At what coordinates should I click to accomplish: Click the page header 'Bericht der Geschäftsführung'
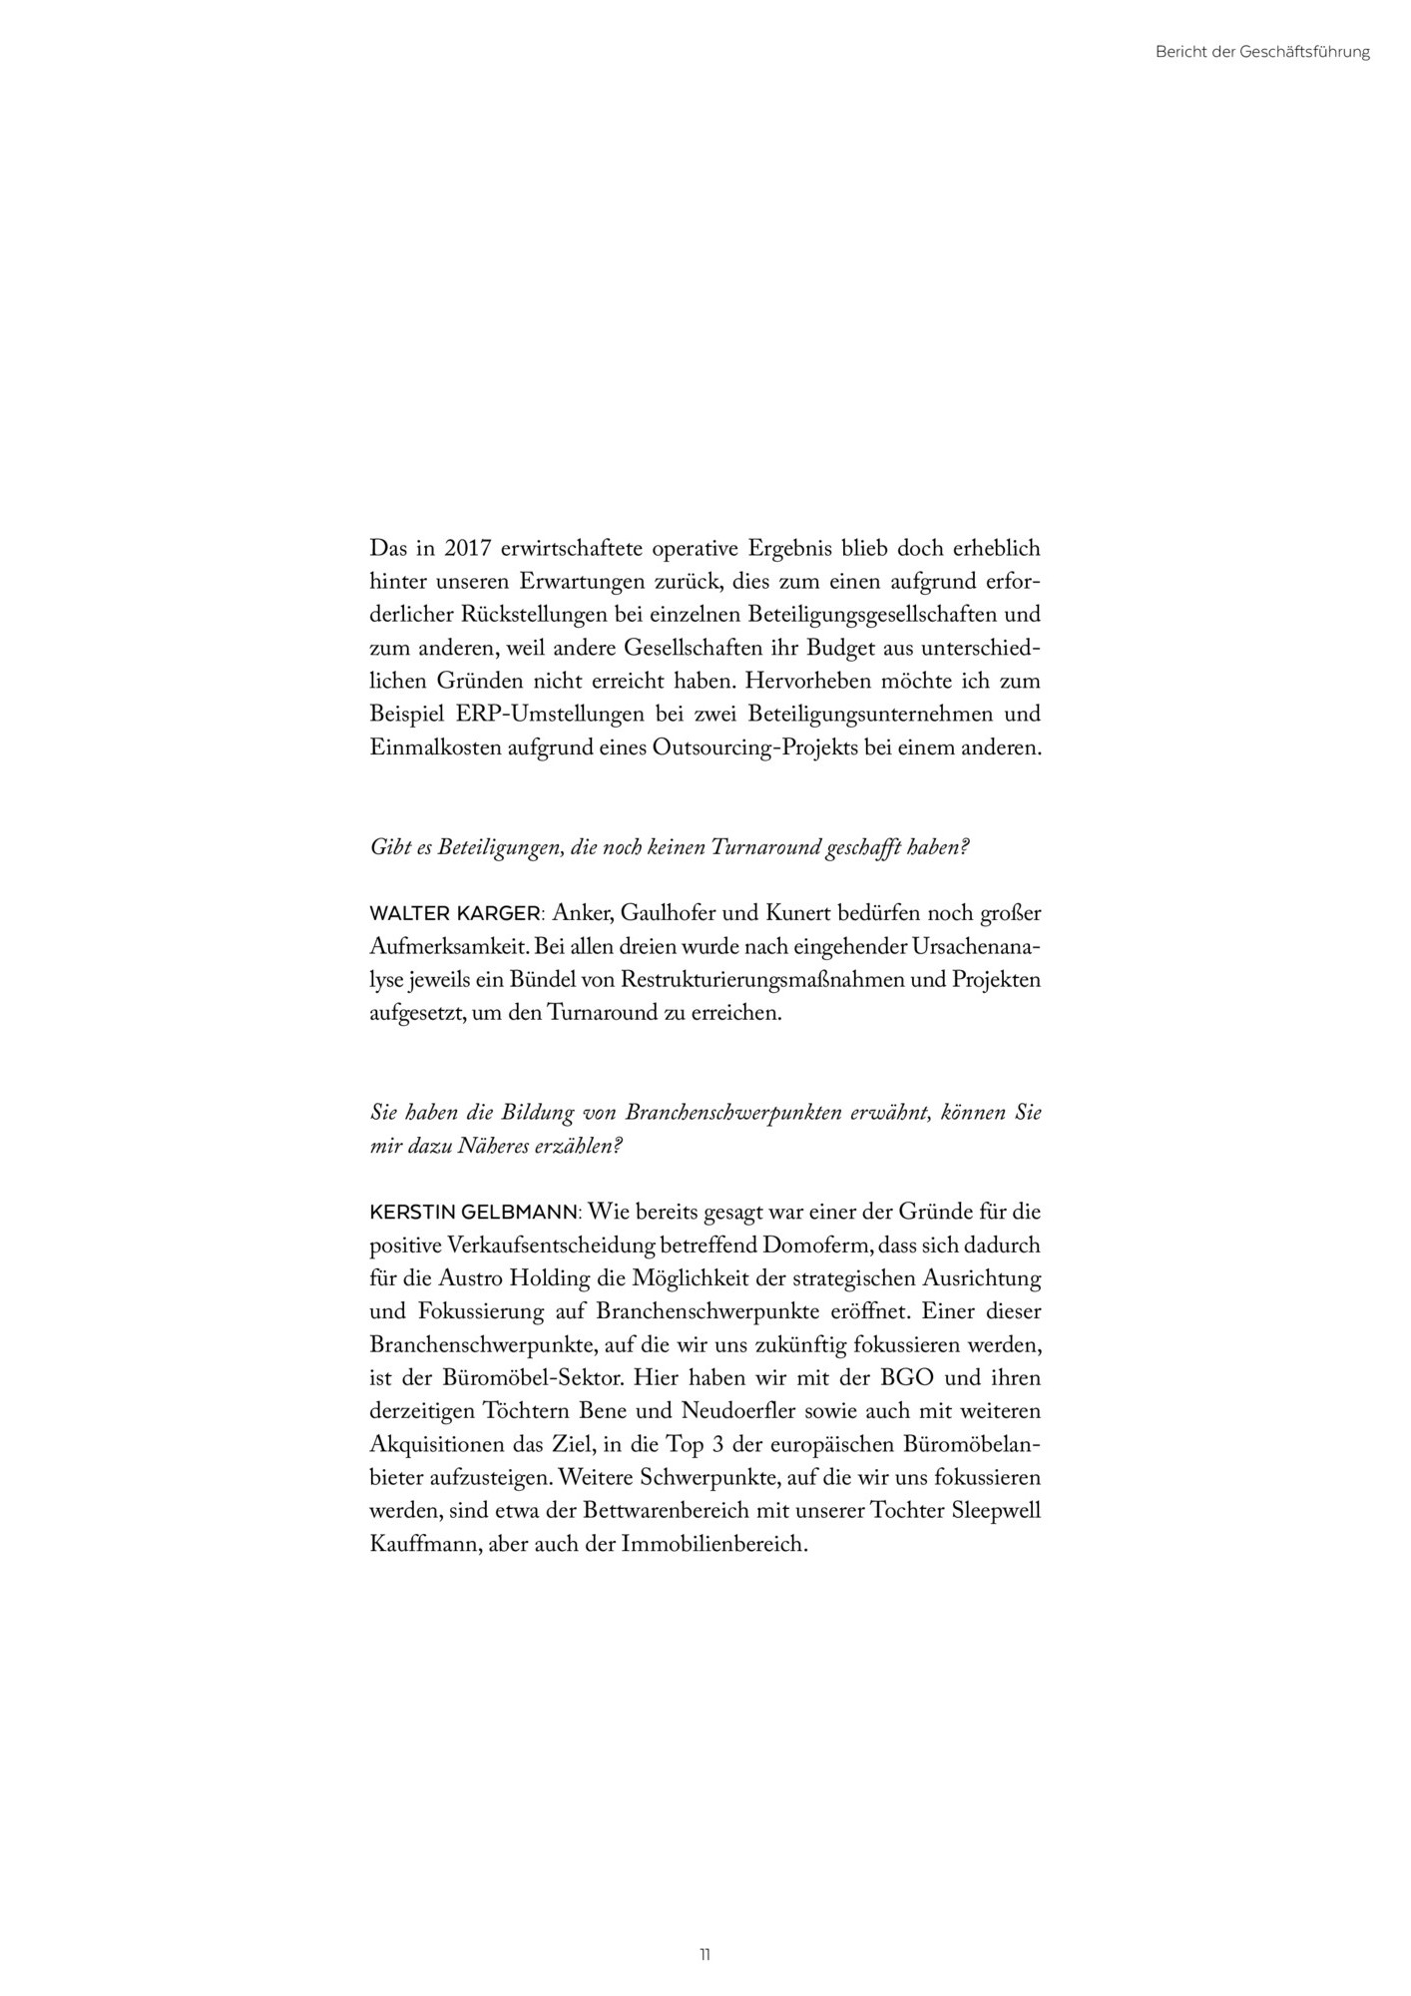click(1261, 52)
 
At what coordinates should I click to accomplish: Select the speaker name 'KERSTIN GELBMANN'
click(473, 1213)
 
